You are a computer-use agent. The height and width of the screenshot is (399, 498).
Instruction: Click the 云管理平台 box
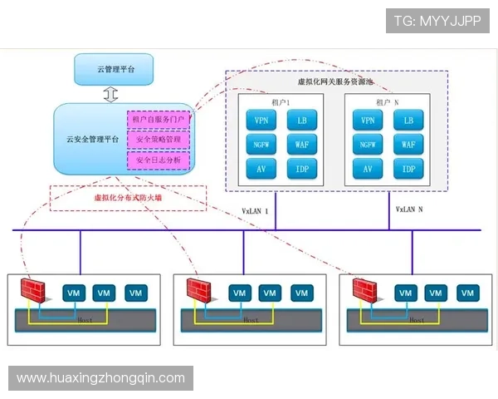[x=115, y=68]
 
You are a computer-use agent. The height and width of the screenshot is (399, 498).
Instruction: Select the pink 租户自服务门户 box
[x=159, y=120]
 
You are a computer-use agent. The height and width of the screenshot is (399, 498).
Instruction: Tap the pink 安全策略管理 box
[x=159, y=139]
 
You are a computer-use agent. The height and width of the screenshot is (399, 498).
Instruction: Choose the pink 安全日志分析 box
[x=159, y=158]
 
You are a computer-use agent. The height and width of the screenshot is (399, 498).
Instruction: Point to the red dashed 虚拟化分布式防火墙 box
[x=127, y=198]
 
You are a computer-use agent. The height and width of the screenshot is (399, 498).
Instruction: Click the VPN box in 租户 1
[x=261, y=120]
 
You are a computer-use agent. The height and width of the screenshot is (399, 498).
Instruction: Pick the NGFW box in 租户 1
[x=261, y=144]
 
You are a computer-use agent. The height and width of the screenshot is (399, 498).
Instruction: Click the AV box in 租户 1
[x=261, y=169]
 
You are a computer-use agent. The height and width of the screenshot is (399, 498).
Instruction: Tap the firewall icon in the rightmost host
[x=365, y=291]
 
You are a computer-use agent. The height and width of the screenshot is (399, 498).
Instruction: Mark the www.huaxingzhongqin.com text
[x=101, y=378]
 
